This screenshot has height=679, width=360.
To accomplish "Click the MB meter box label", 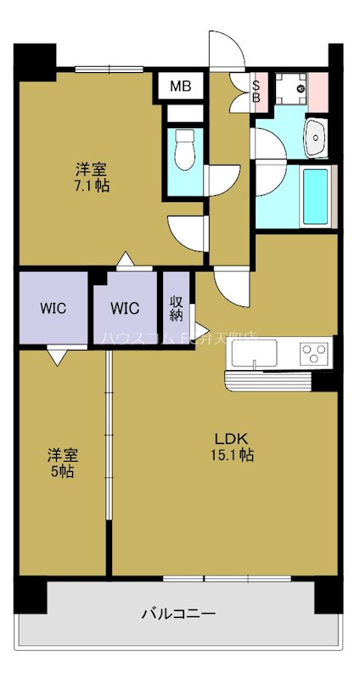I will [179, 86].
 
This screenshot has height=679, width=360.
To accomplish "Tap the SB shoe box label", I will [256, 89].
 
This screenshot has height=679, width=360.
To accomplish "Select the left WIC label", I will [53, 307].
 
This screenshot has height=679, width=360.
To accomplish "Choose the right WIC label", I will [125, 307].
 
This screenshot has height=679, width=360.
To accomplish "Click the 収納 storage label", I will [177, 307].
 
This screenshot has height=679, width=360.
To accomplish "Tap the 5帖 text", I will [60, 471].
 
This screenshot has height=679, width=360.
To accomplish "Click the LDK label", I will [230, 439].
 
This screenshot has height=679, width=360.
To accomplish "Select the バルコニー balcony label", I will [178, 613].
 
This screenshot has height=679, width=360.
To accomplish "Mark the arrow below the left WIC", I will [57, 358].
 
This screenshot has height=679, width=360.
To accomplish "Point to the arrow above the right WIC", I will [125, 260].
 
